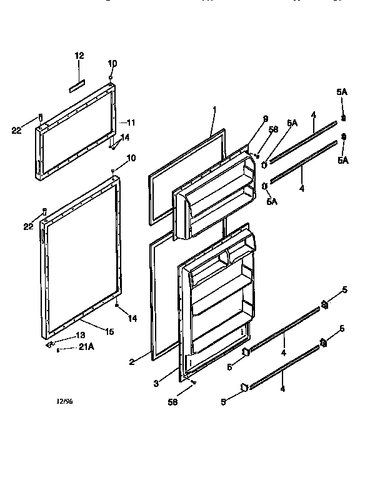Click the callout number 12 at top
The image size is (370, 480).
[79, 56]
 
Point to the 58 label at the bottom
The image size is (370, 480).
[173, 402]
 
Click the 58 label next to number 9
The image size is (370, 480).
[273, 130]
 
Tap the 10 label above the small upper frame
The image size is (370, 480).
[112, 64]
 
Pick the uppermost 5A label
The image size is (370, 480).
[341, 92]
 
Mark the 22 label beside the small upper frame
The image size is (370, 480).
[17, 130]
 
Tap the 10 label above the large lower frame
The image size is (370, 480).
[131, 158]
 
